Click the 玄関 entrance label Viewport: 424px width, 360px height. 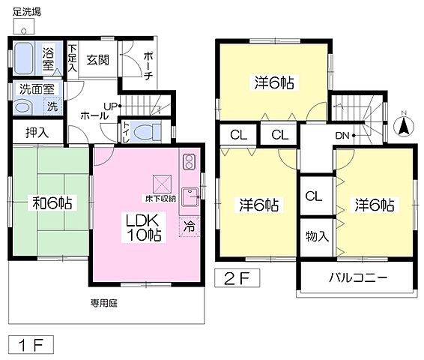click(x=97, y=60)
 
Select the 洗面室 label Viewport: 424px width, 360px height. click(x=35, y=89)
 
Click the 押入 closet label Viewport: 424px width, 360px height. click(x=37, y=133)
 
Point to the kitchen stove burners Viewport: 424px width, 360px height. click(x=189, y=160)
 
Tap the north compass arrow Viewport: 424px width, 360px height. click(x=402, y=125)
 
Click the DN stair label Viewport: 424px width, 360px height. click(x=342, y=136)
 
